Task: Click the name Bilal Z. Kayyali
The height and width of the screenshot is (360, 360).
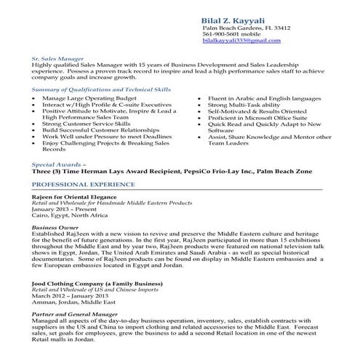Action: (x=236, y=17)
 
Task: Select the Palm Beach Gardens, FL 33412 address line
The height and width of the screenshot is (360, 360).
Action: (x=247, y=28)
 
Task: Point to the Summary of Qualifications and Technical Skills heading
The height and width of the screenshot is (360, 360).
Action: (x=101, y=89)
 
